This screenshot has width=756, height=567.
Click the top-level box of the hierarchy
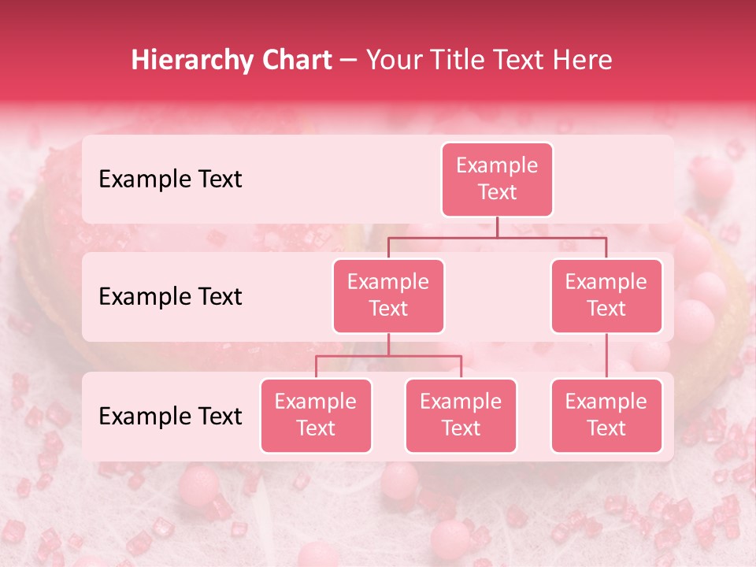pyautogui.click(x=497, y=179)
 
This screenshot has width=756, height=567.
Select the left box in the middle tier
pyautogui.click(x=388, y=295)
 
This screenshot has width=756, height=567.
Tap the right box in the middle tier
pyautogui.click(x=606, y=295)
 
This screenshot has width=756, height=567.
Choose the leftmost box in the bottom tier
pyautogui.click(x=316, y=415)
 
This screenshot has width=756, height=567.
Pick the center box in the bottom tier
pyautogui.click(x=461, y=415)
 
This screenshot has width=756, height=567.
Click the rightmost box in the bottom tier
pyautogui.click(x=606, y=415)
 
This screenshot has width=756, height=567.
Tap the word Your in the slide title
pyautogui.click(x=391, y=60)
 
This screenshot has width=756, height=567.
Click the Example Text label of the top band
pyautogui.click(x=170, y=179)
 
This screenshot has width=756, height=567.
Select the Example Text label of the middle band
pyautogui.click(x=170, y=296)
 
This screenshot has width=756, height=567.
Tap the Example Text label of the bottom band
pyautogui.click(x=170, y=416)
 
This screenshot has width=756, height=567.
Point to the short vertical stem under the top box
pyautogui.click(x=497, y=227)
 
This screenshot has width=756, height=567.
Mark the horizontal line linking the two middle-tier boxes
pyautogui.click(x=497, y=237)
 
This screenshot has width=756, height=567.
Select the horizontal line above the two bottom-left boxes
pyautogui.click(x=388, y=356)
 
